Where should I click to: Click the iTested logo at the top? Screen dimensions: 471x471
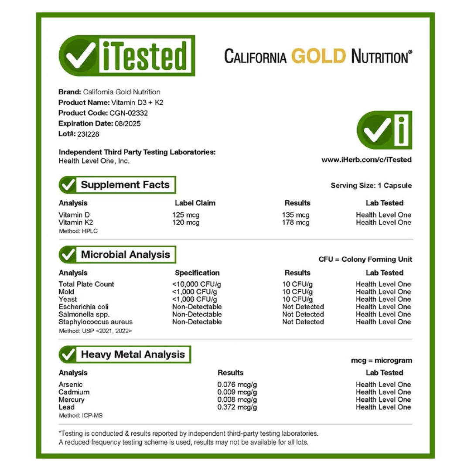[x=127, y=56]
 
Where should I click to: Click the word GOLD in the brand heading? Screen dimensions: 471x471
[x=318, y=57]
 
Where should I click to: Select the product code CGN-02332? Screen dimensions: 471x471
[x=129, y=113]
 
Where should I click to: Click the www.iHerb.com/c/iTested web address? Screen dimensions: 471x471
[x=366, y=160]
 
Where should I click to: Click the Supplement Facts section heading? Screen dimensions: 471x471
[x=125, y=185]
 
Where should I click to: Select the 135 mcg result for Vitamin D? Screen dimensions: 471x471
[x=296, y=215]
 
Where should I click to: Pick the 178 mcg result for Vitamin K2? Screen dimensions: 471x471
[x=296, y=222]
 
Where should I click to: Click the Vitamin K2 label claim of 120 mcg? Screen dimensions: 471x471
[x=186, y=222]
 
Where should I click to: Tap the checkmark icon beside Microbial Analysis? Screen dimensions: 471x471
[x=68, y=255]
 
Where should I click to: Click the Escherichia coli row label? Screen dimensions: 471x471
[x=84, y=307]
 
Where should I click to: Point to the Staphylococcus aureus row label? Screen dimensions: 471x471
[x=96, y=322]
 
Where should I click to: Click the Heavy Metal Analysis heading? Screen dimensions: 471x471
[x=133, y=355]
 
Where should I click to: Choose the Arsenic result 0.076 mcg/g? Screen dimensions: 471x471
[x=237, y=385]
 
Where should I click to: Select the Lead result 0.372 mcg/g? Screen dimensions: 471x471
[x=237, y=407]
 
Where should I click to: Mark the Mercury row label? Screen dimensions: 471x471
[x=72, y=399]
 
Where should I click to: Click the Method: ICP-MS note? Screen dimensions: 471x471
[x=81, y=416]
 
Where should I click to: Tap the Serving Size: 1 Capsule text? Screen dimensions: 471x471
[x=371, y=185]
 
